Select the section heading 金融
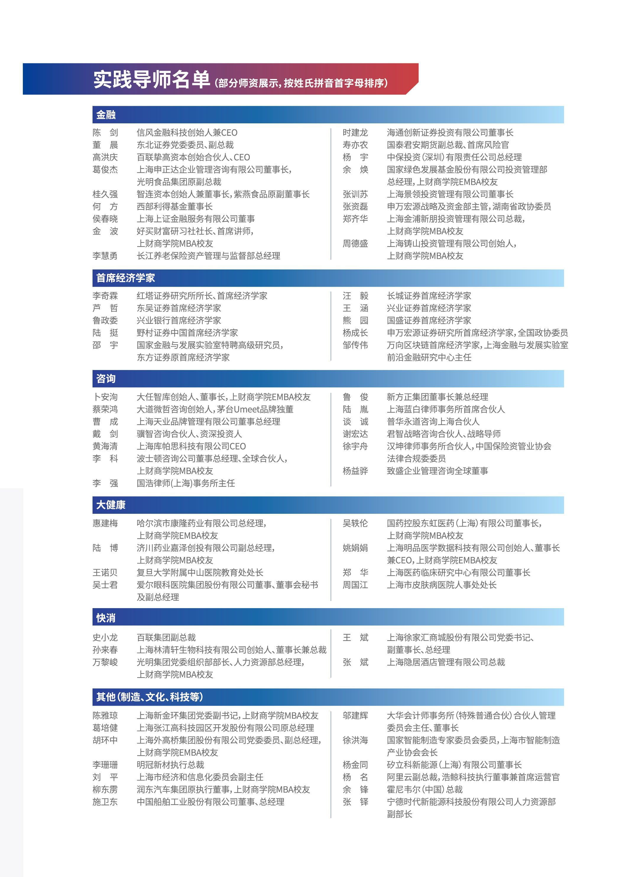106,114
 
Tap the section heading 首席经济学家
125,278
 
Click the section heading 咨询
106,379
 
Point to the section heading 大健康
111,505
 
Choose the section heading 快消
106,618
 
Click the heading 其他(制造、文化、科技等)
149,697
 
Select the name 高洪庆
105,157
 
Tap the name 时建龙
355,133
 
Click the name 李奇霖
105,296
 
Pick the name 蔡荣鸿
105,409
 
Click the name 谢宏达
355,434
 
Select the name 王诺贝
105,572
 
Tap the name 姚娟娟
355,548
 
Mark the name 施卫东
105,802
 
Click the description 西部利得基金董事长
174,206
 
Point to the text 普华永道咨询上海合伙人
433,421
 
